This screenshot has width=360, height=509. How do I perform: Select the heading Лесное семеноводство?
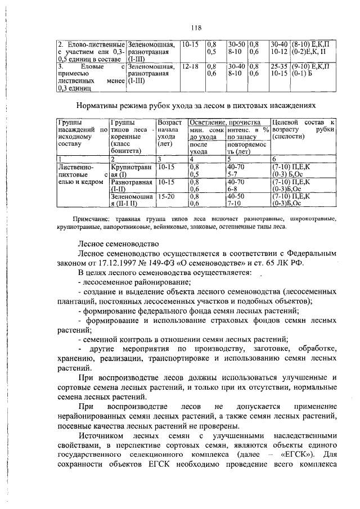(118, 244)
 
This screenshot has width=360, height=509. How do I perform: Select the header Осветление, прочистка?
(228, 122)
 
